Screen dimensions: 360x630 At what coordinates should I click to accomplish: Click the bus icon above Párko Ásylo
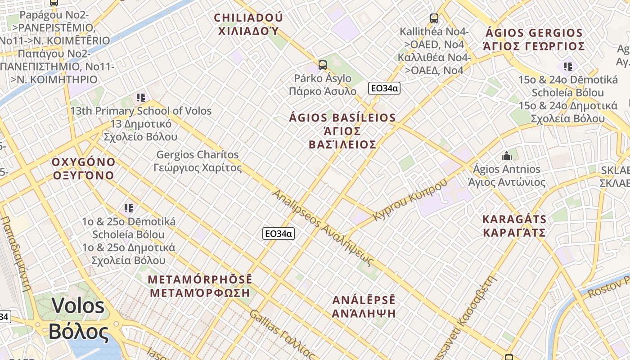pos(322,65)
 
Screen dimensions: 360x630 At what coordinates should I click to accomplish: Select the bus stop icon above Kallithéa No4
pos(434,18)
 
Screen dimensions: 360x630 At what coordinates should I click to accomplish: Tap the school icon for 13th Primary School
pos(141,97)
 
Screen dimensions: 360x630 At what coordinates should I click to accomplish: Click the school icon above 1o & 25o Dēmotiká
pos(129,208)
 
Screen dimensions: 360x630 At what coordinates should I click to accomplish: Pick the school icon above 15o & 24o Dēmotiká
pos(568,67)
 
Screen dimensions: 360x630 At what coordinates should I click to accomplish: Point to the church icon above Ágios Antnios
pos(507,156)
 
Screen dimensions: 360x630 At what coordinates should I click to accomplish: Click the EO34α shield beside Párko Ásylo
pos(384,88)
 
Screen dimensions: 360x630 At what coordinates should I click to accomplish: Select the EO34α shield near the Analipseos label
pos(278,233)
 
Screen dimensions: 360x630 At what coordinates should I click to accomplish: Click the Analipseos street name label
pos(323,228)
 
